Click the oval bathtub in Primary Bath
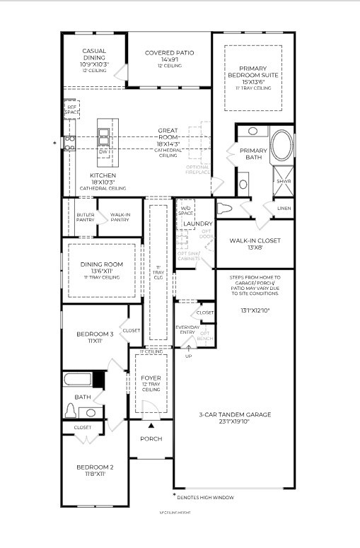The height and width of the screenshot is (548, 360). pos(281,146)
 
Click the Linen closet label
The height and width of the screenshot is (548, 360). pos(284,209)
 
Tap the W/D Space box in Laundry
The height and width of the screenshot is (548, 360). pos(185,210)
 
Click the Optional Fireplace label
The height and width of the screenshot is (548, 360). pos(197,170)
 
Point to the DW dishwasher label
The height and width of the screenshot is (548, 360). pos(103,152)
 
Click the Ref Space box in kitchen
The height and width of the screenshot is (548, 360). pos(71,110)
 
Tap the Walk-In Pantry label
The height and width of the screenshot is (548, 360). pos(120,216)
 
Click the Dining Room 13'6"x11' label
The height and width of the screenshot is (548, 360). pos(97,270)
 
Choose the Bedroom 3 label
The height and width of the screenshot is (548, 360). pos(95,337)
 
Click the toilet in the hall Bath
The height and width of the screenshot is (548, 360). pos(71,411)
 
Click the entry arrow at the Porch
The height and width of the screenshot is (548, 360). pos(151,425)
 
